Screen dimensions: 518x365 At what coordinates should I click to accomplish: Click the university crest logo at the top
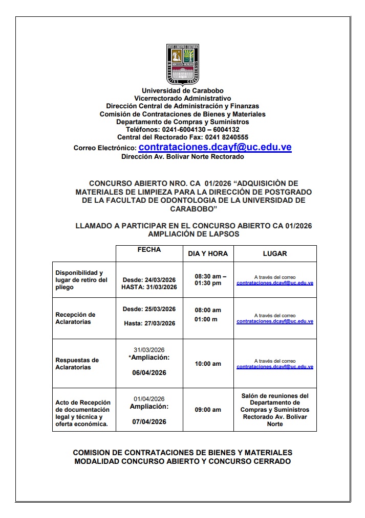(x=182, y=65)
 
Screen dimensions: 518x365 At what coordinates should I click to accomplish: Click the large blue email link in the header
(x=215, y=147)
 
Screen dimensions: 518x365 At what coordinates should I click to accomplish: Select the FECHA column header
(x=149, y=250)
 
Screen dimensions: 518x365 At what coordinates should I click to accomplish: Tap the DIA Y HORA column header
(x=208, y=253)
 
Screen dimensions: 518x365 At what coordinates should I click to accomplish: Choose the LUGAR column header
(x=275, y=253)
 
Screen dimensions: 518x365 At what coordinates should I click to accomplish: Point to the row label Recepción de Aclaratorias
(x=75, y=318)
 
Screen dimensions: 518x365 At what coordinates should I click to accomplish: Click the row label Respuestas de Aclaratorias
(x=77, y=364)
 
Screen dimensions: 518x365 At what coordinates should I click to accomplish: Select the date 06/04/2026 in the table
(x=149, y=373)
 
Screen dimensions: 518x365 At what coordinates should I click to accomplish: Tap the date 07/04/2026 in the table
(x=149, y=421)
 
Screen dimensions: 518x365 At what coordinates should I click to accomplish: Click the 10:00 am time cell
(x=208, y=364)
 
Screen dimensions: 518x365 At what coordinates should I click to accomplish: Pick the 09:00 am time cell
(x=208, y=410)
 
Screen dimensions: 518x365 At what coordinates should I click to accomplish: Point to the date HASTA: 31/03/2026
(x=149, y=287)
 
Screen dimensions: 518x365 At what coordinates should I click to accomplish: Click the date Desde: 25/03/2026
(x=149, y=309)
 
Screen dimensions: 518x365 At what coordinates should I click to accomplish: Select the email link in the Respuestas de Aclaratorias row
(x=275, y=367)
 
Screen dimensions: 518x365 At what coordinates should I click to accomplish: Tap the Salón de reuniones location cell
(x=275, y=410)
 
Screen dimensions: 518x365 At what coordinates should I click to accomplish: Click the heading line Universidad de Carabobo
(x=182, y=91)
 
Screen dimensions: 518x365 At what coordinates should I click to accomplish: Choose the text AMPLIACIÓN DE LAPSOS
(x=193, y=234)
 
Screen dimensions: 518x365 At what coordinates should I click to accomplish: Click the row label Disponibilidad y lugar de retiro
(x=81, y=280)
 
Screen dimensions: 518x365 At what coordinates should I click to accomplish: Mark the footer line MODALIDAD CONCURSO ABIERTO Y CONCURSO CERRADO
(x=182, y=461)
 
